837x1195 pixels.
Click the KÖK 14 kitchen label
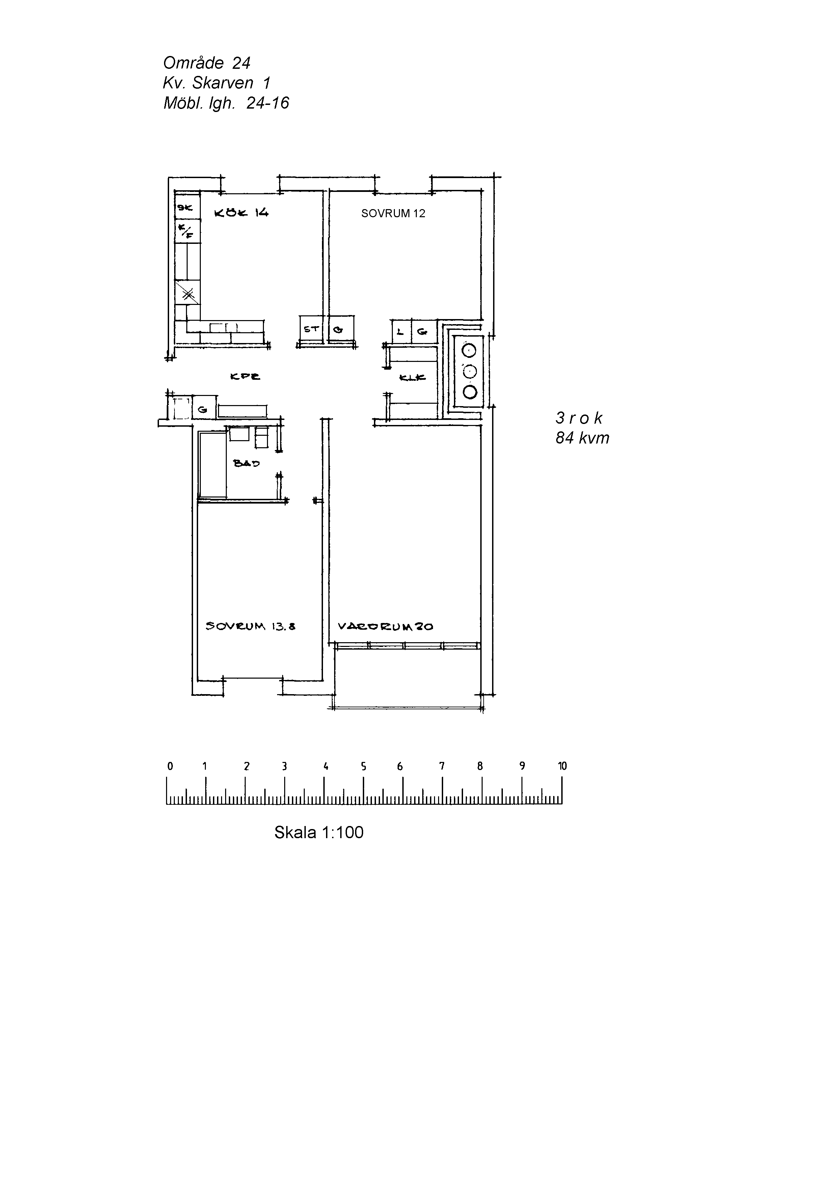[x=241, y=212]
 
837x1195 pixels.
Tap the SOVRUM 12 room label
[x=393, y=214]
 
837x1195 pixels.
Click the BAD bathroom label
[x=246, y=463]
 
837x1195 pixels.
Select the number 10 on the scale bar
[x=562, y=766]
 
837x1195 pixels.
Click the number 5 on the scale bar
[x=363, y=766]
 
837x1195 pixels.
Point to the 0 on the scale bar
[x=170, y=766]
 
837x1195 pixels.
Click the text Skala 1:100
[x=319, y=832]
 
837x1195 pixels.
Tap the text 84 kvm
[x=582, y=438]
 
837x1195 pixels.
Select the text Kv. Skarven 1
[x=216, y=83]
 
